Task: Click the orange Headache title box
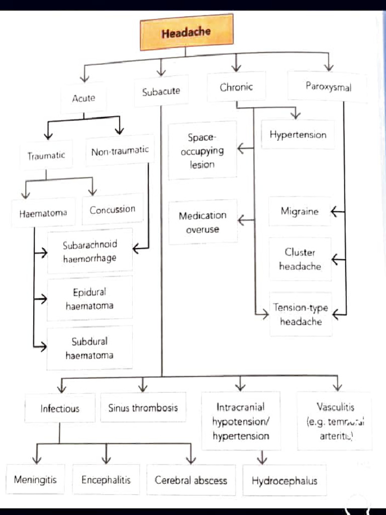(186, 33)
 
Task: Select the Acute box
(83, 98)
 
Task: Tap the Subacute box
(161, 92)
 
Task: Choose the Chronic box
(236, 87)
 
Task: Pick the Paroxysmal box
(328, 87)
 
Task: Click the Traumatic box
(46, 155)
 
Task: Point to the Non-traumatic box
(120, 150)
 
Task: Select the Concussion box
(113, 209)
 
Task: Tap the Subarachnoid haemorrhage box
(90, 251)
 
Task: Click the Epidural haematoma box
(90, 299)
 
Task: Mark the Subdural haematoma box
(90, 348)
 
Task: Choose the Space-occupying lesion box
(202, 150)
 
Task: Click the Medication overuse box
(203, 222)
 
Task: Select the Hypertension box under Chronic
(298, 135)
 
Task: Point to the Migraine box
(300, 211)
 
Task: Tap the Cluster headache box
(300, 259)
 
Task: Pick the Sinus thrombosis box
(143, 408)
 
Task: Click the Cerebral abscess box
(191, 480)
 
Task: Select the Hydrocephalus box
(284, 481)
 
